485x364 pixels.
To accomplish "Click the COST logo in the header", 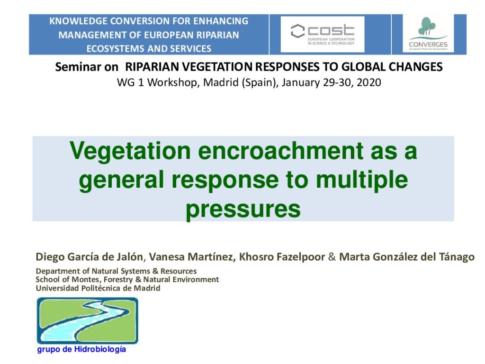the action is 322,34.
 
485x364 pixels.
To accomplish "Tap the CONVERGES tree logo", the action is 428,33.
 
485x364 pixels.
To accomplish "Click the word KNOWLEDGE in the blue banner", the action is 78,21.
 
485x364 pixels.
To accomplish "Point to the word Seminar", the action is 87,67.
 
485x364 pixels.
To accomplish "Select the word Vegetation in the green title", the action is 130,151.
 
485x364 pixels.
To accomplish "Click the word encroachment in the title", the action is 280,151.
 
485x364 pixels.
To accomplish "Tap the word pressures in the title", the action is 243,209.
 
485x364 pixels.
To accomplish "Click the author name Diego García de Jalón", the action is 90,257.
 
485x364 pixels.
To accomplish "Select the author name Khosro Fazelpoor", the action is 282,257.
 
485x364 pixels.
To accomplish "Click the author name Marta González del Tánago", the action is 407,257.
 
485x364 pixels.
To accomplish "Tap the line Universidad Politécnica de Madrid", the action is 98,288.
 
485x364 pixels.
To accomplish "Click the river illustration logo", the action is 88,320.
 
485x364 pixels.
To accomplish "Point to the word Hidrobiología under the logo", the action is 100,350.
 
